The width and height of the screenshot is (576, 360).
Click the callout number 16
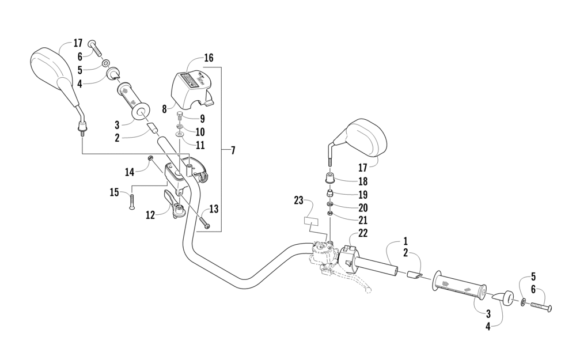point(209,58)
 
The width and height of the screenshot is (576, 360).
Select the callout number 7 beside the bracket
point(232,151)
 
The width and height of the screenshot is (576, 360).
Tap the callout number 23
point(298,201)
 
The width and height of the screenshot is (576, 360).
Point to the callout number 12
point(150,215)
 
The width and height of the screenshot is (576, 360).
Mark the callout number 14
point(129,171)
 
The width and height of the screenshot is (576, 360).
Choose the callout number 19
point(362,195)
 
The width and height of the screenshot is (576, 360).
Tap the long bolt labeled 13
point(205,219)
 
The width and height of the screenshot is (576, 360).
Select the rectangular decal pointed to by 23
point(312,221)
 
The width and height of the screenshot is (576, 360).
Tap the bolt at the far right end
point(540,306)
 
